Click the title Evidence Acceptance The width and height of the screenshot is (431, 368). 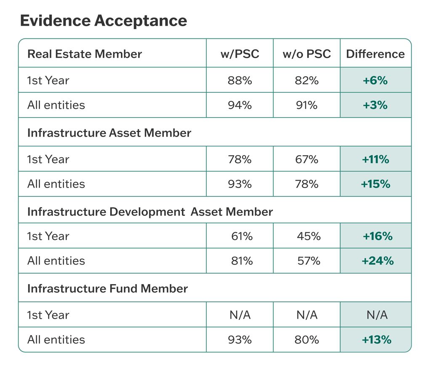click(104, 21)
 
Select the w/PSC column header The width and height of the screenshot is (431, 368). click(239, 54)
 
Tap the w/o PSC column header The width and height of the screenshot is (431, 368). click(306, 54)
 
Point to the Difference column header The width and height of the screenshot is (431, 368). click(375, 54)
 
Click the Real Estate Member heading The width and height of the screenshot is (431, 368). click(85, 54)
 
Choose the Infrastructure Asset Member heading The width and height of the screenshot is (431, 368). click(109, 133)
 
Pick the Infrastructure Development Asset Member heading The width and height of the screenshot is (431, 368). click(150, 212)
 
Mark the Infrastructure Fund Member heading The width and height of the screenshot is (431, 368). click(107, 289)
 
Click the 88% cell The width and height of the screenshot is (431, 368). click(239, 80)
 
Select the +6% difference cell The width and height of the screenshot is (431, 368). click(375, 80)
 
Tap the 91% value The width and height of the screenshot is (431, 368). click(306, 105)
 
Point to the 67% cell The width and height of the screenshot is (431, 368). click(306, 159)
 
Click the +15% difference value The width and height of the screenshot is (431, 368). click(376, 184)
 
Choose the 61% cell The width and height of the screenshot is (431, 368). click(242, 236)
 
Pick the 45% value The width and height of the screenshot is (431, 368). click(309, 236)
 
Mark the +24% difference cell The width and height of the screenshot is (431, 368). click(377, 261)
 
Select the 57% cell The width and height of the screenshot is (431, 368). click(309, 261)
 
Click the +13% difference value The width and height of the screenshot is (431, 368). click(376, 340)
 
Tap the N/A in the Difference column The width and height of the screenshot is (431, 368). click(376, 315)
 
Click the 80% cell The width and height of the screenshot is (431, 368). click(306, 340)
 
